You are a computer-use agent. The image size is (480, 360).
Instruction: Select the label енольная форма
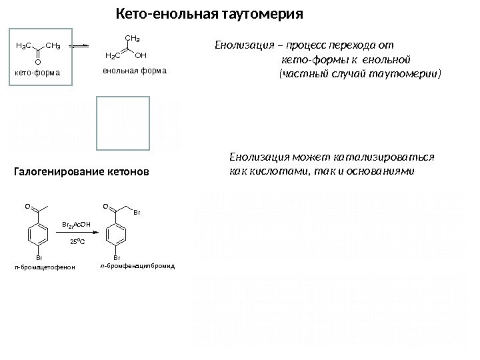pyautogui.click(x=134, y=70)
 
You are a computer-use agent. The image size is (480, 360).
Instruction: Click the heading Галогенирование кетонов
pyautogui.click(x=83, y=173)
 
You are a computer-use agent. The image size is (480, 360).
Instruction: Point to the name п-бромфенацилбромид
pyautogui.click(x=141, y=265)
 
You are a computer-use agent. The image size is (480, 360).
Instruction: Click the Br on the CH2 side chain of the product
pyautogui.click(x=137, y=213)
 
